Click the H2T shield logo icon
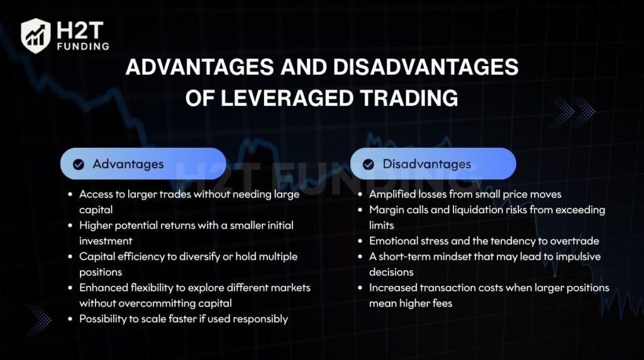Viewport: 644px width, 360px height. pos(36,36)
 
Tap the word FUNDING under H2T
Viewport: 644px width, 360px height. pos(84,47)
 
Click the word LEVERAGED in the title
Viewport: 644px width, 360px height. pos(287,98)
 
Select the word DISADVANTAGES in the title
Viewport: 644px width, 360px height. pos(426,67)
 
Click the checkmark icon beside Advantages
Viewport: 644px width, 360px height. pos(79,164)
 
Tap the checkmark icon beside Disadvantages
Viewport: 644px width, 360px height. pos(369,164)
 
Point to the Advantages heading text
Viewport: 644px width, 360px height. pos(128,164)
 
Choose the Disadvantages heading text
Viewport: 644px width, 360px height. pos(427,164)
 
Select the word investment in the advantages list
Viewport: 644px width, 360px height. pos(106,241)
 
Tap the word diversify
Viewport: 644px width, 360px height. pos(199,257)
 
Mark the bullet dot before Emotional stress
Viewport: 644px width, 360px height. pos(360,241)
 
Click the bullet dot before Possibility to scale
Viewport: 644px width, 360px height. pos(70,319)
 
